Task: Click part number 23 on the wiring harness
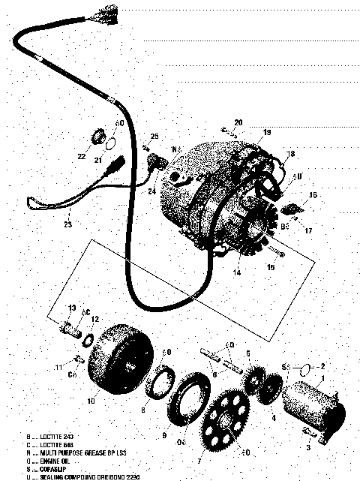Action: [68, 223]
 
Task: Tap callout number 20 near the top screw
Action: [238, 122]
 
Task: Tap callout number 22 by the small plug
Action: [81, 156]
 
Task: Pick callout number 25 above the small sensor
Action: [155, 137]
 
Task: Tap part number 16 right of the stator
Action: [313, 194]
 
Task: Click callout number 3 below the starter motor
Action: [307, 447]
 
